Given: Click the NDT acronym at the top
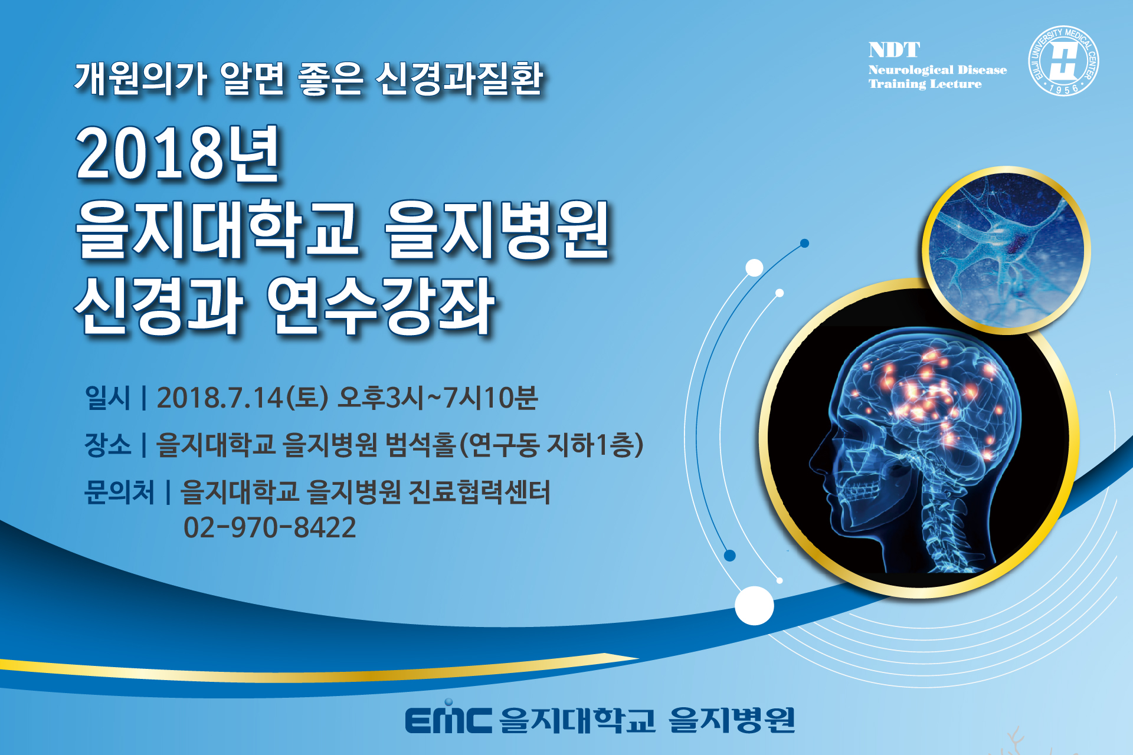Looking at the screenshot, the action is pos(894,50).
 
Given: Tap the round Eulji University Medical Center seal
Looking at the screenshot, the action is pos(1063,61).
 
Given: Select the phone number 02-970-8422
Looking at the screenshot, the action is pos(270,527).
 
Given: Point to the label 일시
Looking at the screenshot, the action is pos(107,398).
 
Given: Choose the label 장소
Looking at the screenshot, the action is pos(107,444).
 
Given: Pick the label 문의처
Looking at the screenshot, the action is pos(119,491).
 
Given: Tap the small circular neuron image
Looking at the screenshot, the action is pos(1006,250).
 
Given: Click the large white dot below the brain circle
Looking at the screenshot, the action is pos(754,606).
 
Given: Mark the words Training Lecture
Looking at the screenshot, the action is pos(925,84).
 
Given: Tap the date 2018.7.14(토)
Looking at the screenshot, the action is pos(243,398).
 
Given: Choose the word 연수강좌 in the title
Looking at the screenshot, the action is pos(381,307).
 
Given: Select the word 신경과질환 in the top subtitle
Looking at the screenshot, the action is pos(459,78).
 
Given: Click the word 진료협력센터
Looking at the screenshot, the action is pos(479,491).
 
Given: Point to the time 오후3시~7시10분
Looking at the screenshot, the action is pos(437,398).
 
